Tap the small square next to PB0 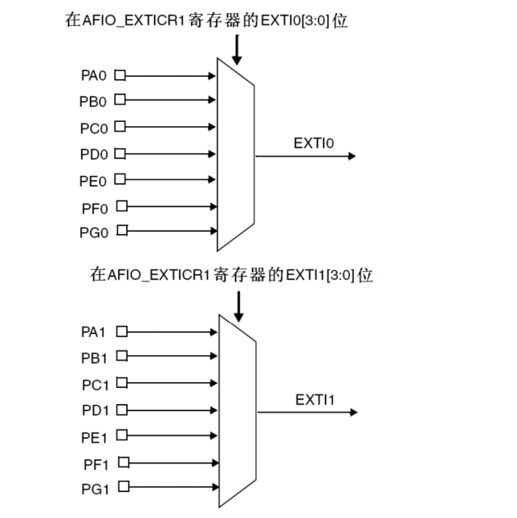[x=120, y=101]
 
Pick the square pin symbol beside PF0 [x=121, y=206]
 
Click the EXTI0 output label [x=314, y=143]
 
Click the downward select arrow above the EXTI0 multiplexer [x=238, y=49]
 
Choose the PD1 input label [x=94, y=409]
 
